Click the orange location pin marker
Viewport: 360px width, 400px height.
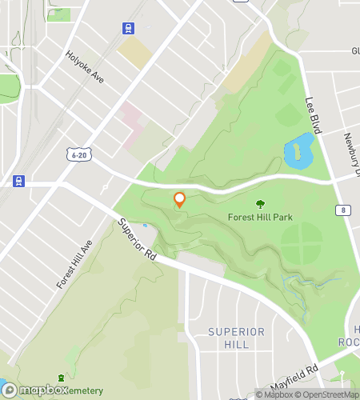click(180, 199)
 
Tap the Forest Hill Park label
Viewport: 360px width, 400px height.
click(260, 217)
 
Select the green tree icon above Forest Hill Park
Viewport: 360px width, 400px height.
click(260, 204)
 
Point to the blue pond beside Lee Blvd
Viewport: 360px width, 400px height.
click(298, 151)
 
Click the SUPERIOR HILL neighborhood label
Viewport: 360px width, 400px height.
click(235, 338)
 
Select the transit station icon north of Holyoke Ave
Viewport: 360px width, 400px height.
click(128, 28)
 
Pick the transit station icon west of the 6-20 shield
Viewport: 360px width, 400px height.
click(18, 181)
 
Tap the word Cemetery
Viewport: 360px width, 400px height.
click(82, 390)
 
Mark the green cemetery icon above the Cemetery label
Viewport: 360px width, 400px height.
click(60, 378)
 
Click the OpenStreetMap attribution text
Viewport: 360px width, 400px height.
click(328, 394)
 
